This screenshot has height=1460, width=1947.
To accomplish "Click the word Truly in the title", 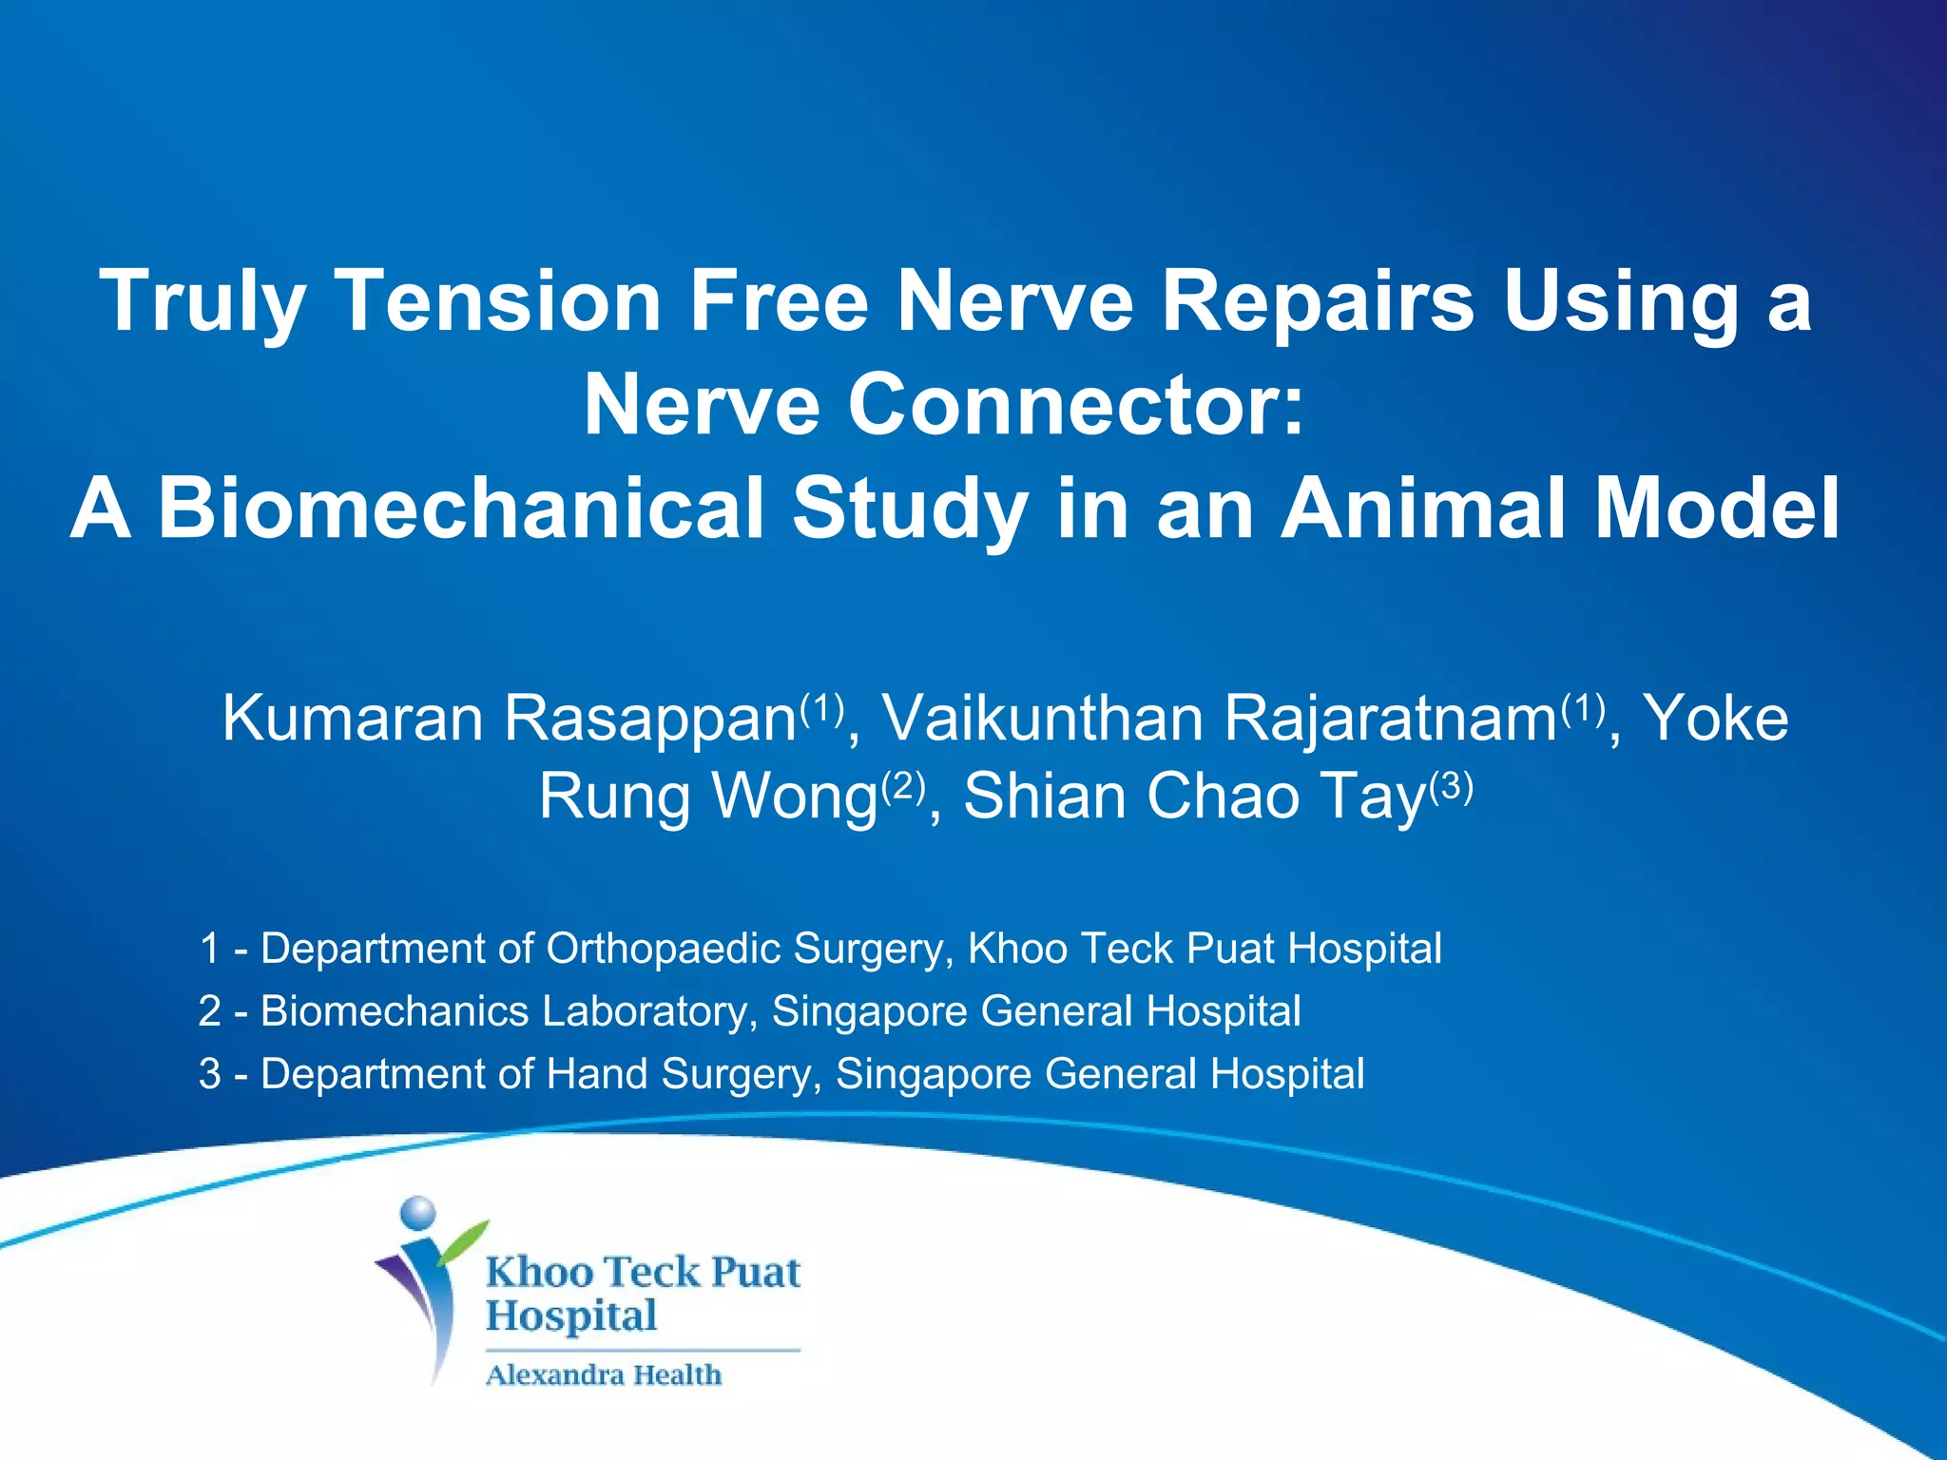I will [x=201, y=302].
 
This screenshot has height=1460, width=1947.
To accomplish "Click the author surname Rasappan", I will [x=649, y=720].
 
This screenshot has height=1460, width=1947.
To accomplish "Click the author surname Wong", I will [x=794, y=797].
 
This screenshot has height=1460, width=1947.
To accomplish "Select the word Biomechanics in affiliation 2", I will [x=395, y=1011].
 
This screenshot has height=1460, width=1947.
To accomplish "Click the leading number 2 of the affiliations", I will [x=210, y=1011].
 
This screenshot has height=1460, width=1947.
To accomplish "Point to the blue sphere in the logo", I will [x=418, y=1214].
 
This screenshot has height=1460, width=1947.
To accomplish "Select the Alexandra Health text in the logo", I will [x=604, y=1375].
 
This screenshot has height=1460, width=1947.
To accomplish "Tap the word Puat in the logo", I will [x=756, y=1273].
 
